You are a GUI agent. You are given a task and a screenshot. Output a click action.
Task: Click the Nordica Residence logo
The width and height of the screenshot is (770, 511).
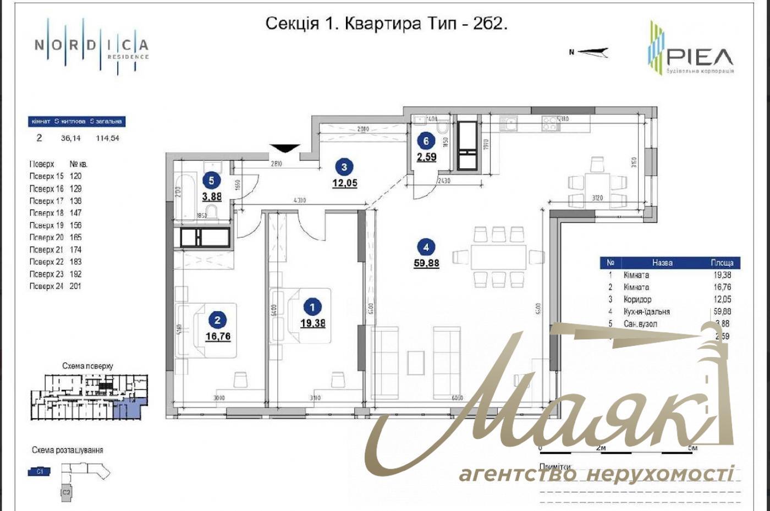[91, 46]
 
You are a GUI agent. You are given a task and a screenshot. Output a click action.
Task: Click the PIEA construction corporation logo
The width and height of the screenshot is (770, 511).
[691, 50]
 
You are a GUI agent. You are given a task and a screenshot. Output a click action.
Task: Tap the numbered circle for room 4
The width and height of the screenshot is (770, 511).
[426, 247]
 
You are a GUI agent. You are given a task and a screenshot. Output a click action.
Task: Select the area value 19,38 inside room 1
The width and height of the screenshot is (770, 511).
[312, 323]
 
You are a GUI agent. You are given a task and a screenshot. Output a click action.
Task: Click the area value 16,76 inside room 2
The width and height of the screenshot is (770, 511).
[218, 336]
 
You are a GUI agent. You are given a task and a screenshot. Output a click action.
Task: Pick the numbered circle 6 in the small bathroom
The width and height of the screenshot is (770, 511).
[426, 141]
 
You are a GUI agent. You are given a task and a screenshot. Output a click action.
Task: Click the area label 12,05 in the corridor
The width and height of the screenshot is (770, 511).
[344, 183]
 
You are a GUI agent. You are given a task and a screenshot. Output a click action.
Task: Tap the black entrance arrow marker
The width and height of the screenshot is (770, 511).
[284, 149]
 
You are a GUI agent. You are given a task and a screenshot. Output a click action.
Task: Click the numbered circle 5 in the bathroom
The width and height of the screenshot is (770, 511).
[211, 180]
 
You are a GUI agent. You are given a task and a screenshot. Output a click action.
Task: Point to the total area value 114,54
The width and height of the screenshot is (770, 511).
[107, 138]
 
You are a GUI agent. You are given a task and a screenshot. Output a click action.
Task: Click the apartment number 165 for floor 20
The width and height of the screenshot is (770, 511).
[75, 238]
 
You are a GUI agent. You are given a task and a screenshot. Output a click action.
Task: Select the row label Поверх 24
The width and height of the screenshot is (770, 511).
[46, 286]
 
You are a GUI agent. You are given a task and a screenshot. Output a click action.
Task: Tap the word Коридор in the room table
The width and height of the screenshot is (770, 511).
[637, 299]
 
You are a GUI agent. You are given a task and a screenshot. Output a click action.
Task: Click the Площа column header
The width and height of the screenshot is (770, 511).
[722, 263]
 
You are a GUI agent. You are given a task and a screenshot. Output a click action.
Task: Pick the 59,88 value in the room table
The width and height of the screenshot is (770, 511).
[722, 311]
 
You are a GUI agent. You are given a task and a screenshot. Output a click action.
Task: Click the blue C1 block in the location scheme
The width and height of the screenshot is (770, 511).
[39, 471]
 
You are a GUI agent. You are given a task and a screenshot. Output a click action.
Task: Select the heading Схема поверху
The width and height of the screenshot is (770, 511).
[87, 366]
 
